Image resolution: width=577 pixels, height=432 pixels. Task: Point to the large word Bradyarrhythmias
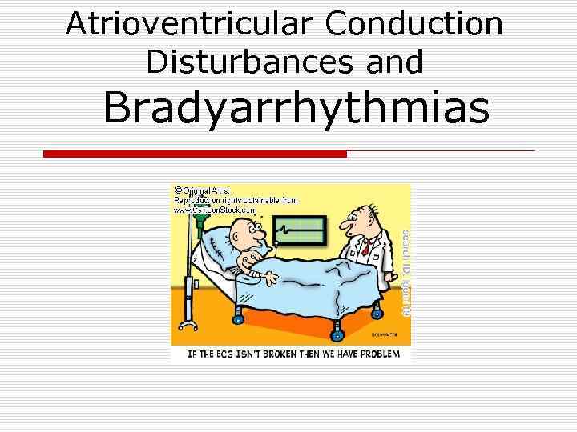click(x=296, y=109)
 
